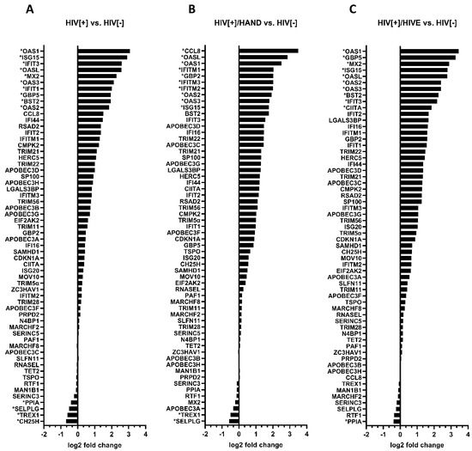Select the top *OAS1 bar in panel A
click(x=103, y=52)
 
